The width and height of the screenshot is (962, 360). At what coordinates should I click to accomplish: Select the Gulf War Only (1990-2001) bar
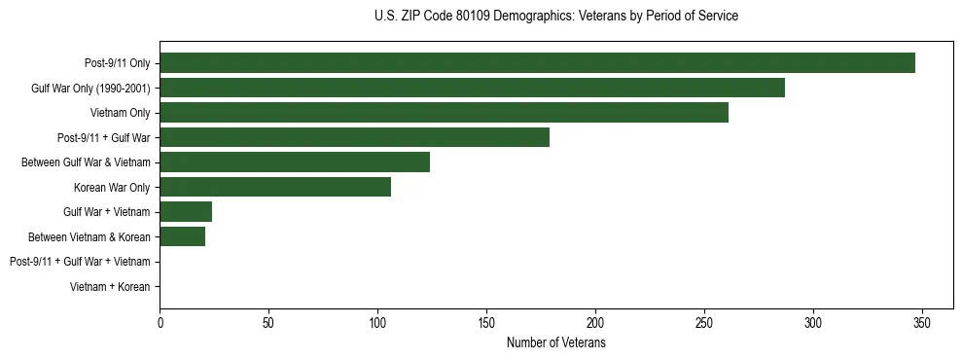pos(472,89)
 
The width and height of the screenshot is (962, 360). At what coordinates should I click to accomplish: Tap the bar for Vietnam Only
pos(444,113)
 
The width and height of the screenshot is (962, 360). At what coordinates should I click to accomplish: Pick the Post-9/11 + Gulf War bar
pos(354,137)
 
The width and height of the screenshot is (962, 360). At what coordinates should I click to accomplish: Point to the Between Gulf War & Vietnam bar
pos(295,162)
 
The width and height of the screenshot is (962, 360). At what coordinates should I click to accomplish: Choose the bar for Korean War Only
pos(275,187)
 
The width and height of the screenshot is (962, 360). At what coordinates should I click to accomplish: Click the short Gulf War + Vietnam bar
pos(186,212)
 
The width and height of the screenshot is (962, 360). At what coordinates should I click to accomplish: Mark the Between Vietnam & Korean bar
pos(182,236)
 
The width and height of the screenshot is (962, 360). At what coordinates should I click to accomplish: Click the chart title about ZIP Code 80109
pos(555,17)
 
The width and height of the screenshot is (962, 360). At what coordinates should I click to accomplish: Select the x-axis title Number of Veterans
pos(555,343)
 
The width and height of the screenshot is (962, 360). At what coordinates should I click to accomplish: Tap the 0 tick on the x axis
pos(160,323)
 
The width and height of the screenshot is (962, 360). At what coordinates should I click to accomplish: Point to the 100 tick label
pos(377,323)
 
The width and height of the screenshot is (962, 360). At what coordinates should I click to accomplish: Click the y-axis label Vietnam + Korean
pos(110,287)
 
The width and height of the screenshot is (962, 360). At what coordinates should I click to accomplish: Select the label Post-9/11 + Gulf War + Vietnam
pos(80,262)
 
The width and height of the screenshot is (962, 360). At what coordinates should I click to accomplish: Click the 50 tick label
pos(268,323)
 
